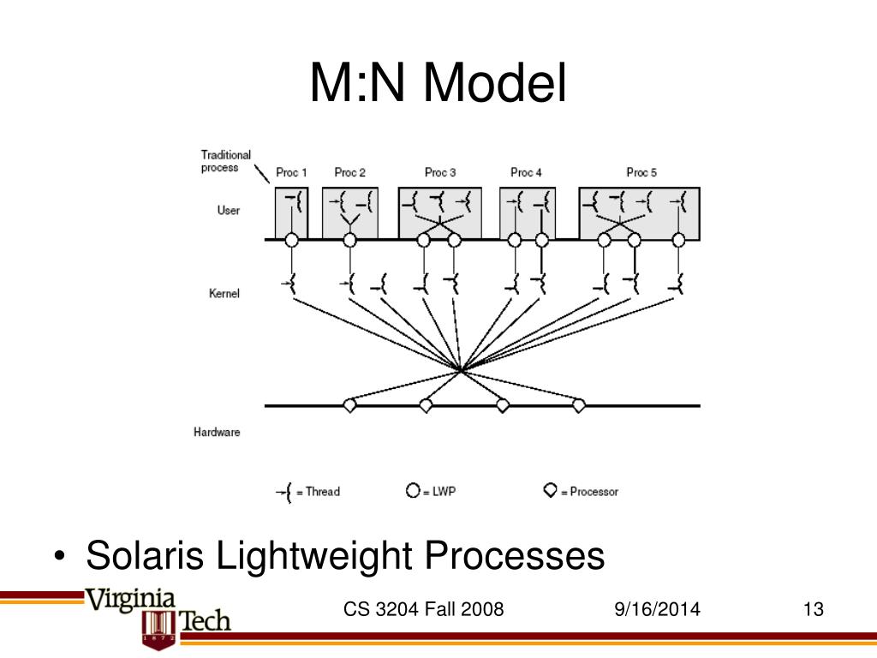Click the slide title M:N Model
438,85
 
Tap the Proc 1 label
291,173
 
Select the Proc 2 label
349,173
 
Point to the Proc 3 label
440,173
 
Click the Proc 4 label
526,173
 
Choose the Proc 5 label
641,173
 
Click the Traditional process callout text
226,161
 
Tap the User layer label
229,210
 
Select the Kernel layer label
224,293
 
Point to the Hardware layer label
217,432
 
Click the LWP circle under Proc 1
291,240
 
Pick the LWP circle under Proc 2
349,240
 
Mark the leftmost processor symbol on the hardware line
349,405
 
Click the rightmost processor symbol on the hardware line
579,405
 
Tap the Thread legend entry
308,492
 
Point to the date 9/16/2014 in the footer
657,610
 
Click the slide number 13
813,610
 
